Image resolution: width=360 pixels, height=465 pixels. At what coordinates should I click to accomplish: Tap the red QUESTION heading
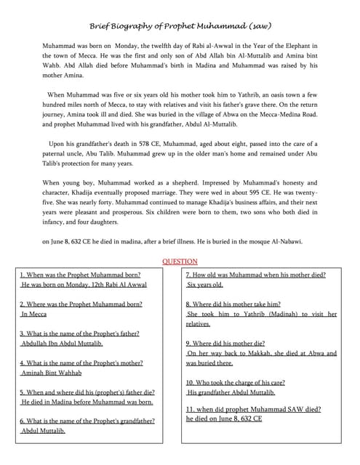(x=179, y=261)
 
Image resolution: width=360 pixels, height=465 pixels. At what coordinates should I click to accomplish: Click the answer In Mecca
(x=34, y=314)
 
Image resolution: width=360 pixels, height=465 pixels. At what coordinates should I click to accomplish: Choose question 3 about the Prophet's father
(x=79, y=333)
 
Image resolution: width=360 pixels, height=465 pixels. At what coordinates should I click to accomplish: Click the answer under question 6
(x=44, y=430)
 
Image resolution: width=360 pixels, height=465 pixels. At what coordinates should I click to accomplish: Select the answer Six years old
(x=205, y=285)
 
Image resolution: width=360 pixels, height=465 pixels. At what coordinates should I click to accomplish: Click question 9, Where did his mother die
(x=225, y=343)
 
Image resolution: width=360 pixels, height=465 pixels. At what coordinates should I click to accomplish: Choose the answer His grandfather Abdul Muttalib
(x=231, y=392)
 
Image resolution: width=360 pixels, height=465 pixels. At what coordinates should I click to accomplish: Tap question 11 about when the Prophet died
(x=253, y=409)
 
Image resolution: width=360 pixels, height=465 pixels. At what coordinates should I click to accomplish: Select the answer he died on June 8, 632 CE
(x=224, y=418)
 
